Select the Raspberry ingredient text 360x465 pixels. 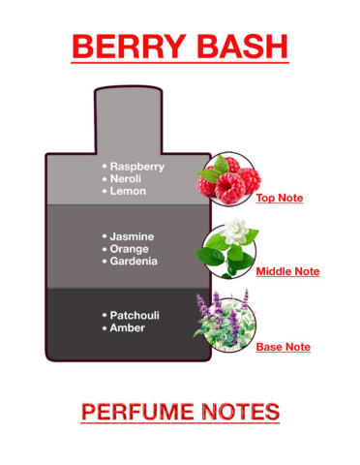(136, 166)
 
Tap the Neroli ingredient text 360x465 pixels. (127, 179)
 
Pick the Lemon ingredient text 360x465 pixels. (127, 192)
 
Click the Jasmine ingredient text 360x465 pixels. (133, 236)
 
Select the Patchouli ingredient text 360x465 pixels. (135, 316)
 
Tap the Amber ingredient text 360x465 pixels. (129, 328)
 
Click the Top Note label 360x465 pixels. (280, 199)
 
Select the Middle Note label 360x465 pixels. (287, 272)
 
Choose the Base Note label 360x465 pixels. (284, 346)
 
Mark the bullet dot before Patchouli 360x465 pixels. (105, 316)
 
